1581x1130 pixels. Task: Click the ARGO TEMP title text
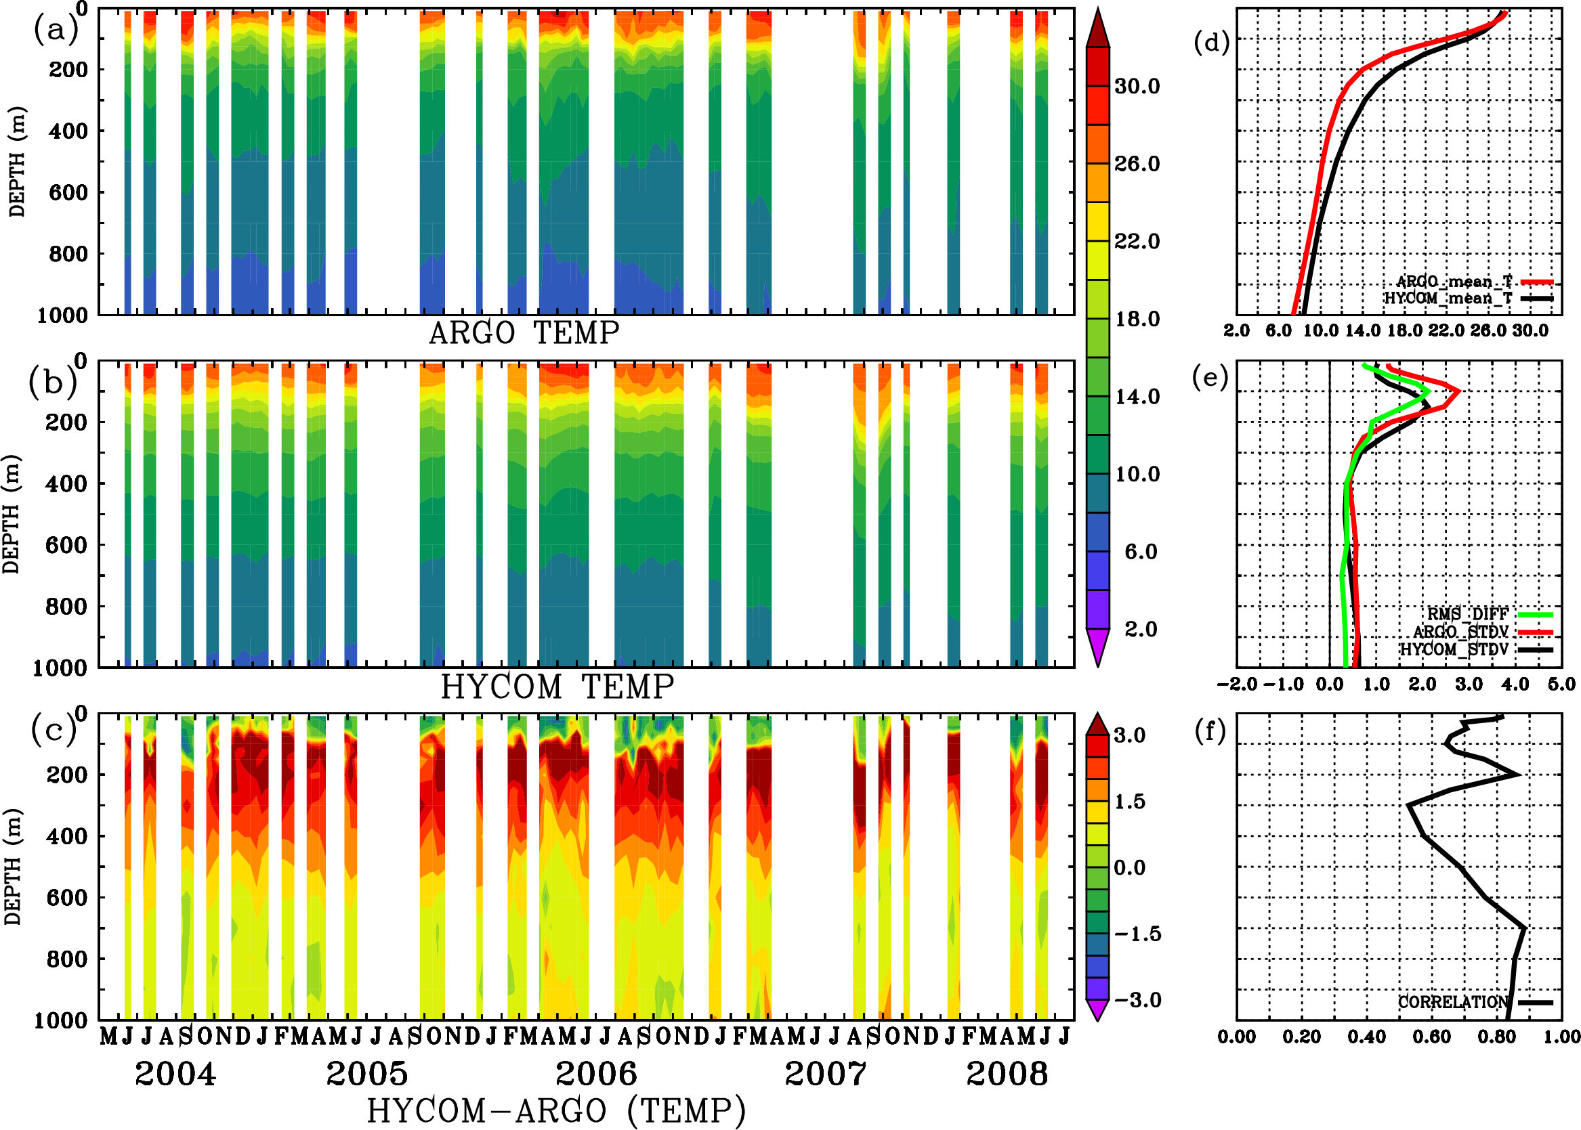coord(524,333)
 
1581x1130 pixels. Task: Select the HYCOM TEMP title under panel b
coord(557,687)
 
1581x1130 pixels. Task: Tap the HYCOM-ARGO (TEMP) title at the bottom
coord(556,1111)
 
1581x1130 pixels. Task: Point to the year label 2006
coord(596,1074)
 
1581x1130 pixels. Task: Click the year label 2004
coord(175,1074)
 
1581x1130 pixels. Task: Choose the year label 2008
coord(1007,1074)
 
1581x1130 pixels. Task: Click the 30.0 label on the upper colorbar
coord(1137,86)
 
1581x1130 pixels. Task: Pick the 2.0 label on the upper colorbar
coord(1141,629)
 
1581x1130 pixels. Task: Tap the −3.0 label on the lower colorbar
coord(1137,1001)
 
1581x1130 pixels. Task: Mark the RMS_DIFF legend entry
coord(1467,614)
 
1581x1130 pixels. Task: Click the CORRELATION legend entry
coord(1454,1003)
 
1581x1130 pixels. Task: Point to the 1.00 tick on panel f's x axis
coord(1561,1037)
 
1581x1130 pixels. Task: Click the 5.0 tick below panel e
coord(1561,684)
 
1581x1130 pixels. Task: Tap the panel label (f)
coord(1210,731)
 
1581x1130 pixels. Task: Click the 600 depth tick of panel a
coord(68,192)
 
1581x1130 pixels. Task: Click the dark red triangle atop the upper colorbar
coord(1098,28)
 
